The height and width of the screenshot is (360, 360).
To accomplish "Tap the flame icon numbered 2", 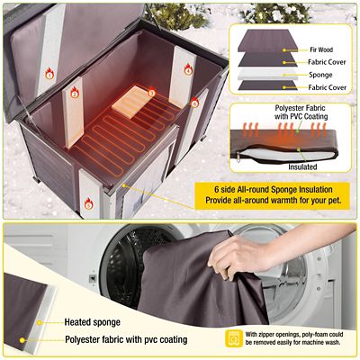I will tap(75, 93).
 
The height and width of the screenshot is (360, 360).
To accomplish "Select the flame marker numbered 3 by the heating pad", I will tap(151, 91).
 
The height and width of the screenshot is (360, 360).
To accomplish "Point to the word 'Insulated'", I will tap(302, 166).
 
